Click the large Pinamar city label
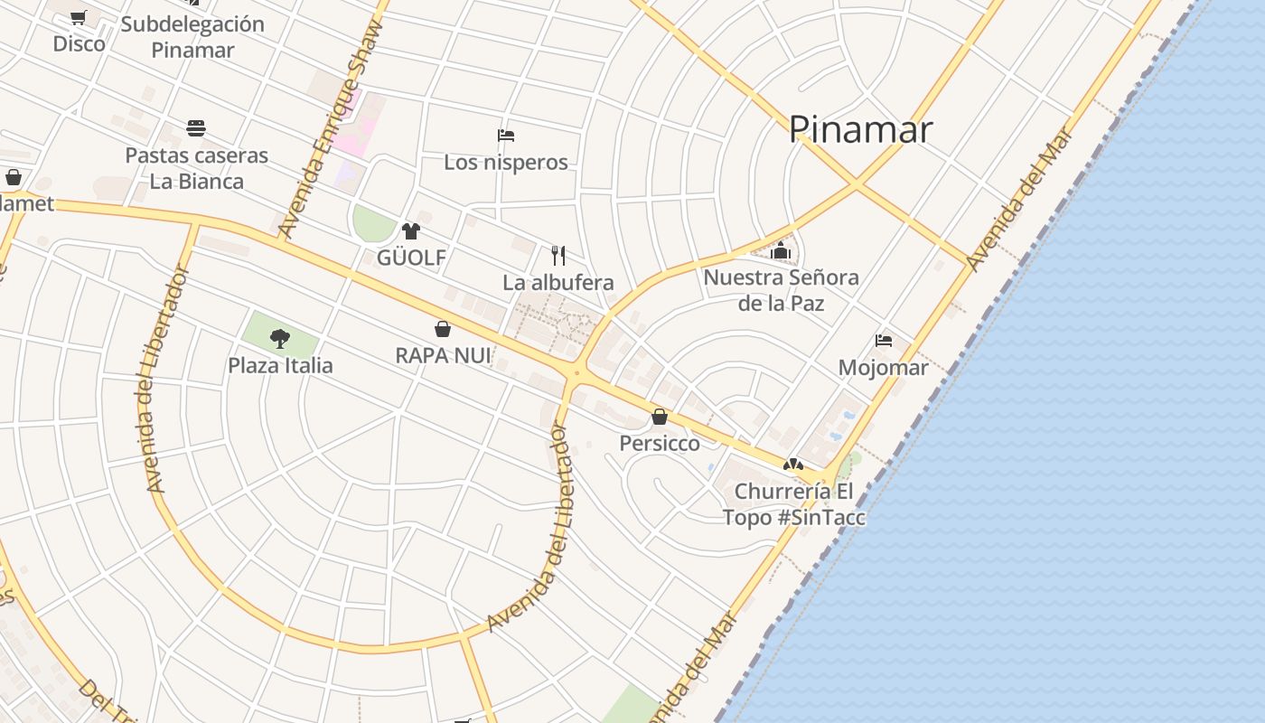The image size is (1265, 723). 859,130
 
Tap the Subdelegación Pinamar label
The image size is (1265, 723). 192,37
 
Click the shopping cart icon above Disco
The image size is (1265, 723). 79,17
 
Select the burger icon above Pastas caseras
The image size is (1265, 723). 196,128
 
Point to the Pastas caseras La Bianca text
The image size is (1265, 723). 196,168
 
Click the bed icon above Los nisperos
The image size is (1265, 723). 506,136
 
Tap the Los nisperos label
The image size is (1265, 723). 506,163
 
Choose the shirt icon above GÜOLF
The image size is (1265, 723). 411,231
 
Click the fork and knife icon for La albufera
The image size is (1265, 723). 558,256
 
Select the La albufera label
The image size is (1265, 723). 558,283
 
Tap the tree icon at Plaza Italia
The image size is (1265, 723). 280,339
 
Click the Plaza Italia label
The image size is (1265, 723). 280,366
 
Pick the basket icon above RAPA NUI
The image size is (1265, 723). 443,329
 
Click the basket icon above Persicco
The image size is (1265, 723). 660,417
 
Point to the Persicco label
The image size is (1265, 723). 660,444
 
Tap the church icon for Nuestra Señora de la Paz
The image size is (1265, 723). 781,250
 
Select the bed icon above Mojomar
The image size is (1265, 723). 884,341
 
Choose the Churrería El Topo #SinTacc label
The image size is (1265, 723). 794,504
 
